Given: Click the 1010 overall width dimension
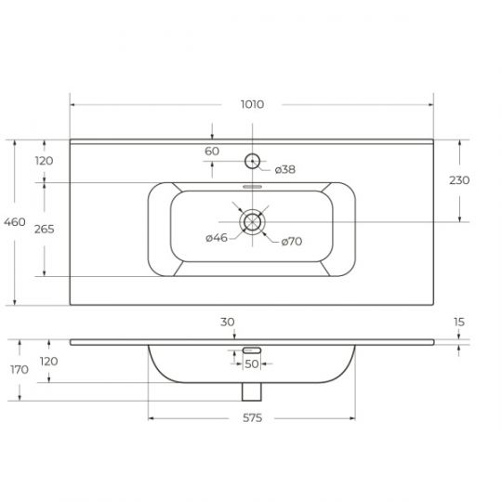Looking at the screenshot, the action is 252,104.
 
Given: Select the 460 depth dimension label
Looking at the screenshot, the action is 15,222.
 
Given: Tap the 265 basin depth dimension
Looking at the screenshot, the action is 45,230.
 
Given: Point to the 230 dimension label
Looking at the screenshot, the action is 459,180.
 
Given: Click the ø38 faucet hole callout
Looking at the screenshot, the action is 285,169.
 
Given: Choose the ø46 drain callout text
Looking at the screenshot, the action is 217,238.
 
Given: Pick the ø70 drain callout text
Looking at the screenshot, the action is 292,241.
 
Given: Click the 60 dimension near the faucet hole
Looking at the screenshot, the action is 212,152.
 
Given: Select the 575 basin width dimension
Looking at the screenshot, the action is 252,417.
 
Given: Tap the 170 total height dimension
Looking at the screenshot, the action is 20,369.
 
